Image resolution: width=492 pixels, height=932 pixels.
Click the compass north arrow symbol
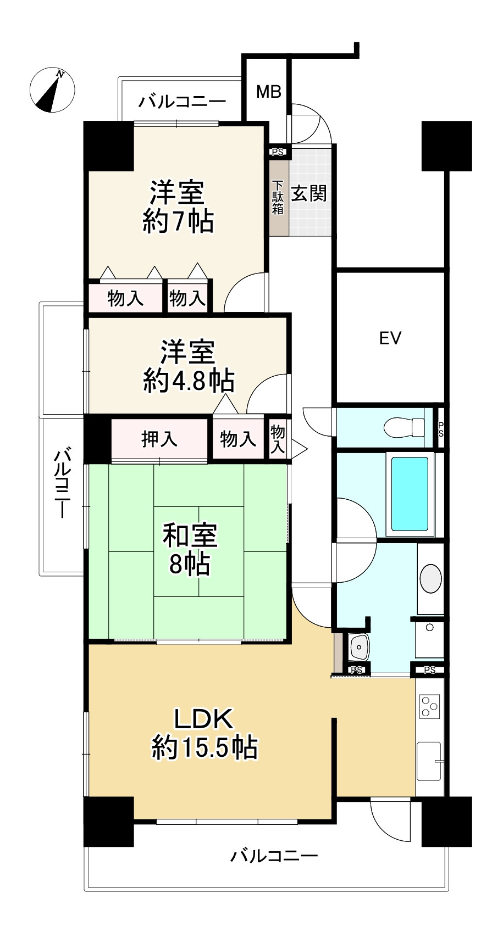coord(52,90)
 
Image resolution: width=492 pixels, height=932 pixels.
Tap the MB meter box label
coord(269,92)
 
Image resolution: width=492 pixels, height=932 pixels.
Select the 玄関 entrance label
coord(308,193)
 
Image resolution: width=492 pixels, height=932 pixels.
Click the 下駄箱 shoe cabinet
coord(278,198)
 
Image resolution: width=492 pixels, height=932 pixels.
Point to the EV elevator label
coord(390,338)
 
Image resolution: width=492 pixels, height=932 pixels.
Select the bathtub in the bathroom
coord(410,494)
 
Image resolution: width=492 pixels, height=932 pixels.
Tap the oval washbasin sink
coord(430,578)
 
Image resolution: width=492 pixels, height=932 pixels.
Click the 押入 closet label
coord(159,438)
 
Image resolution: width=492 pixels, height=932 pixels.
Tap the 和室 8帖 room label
coord(190,550)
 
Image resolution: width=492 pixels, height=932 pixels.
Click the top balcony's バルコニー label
coord(182,101)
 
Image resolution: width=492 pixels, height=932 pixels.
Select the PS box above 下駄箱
coord(278,152)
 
